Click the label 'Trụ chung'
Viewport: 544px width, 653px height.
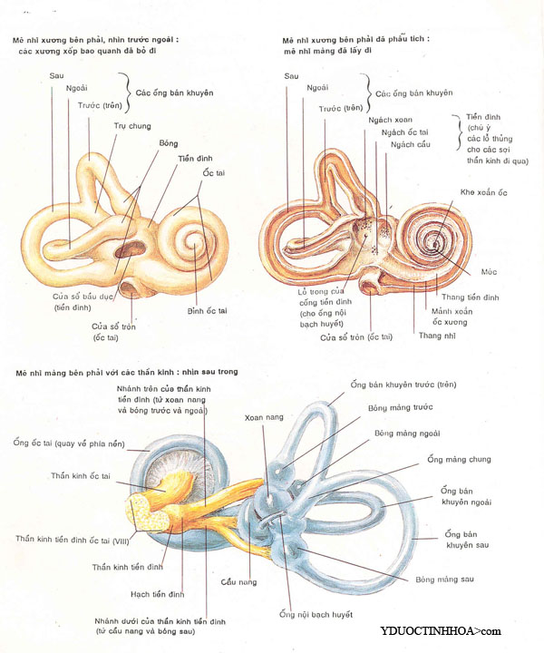click(132, 125)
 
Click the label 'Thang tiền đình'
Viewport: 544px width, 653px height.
click(471, 297)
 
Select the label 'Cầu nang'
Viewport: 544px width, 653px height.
click(240, 581)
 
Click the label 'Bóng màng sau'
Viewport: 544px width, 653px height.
click(442, 578)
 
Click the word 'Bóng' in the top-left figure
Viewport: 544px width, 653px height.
click(169, 143)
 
